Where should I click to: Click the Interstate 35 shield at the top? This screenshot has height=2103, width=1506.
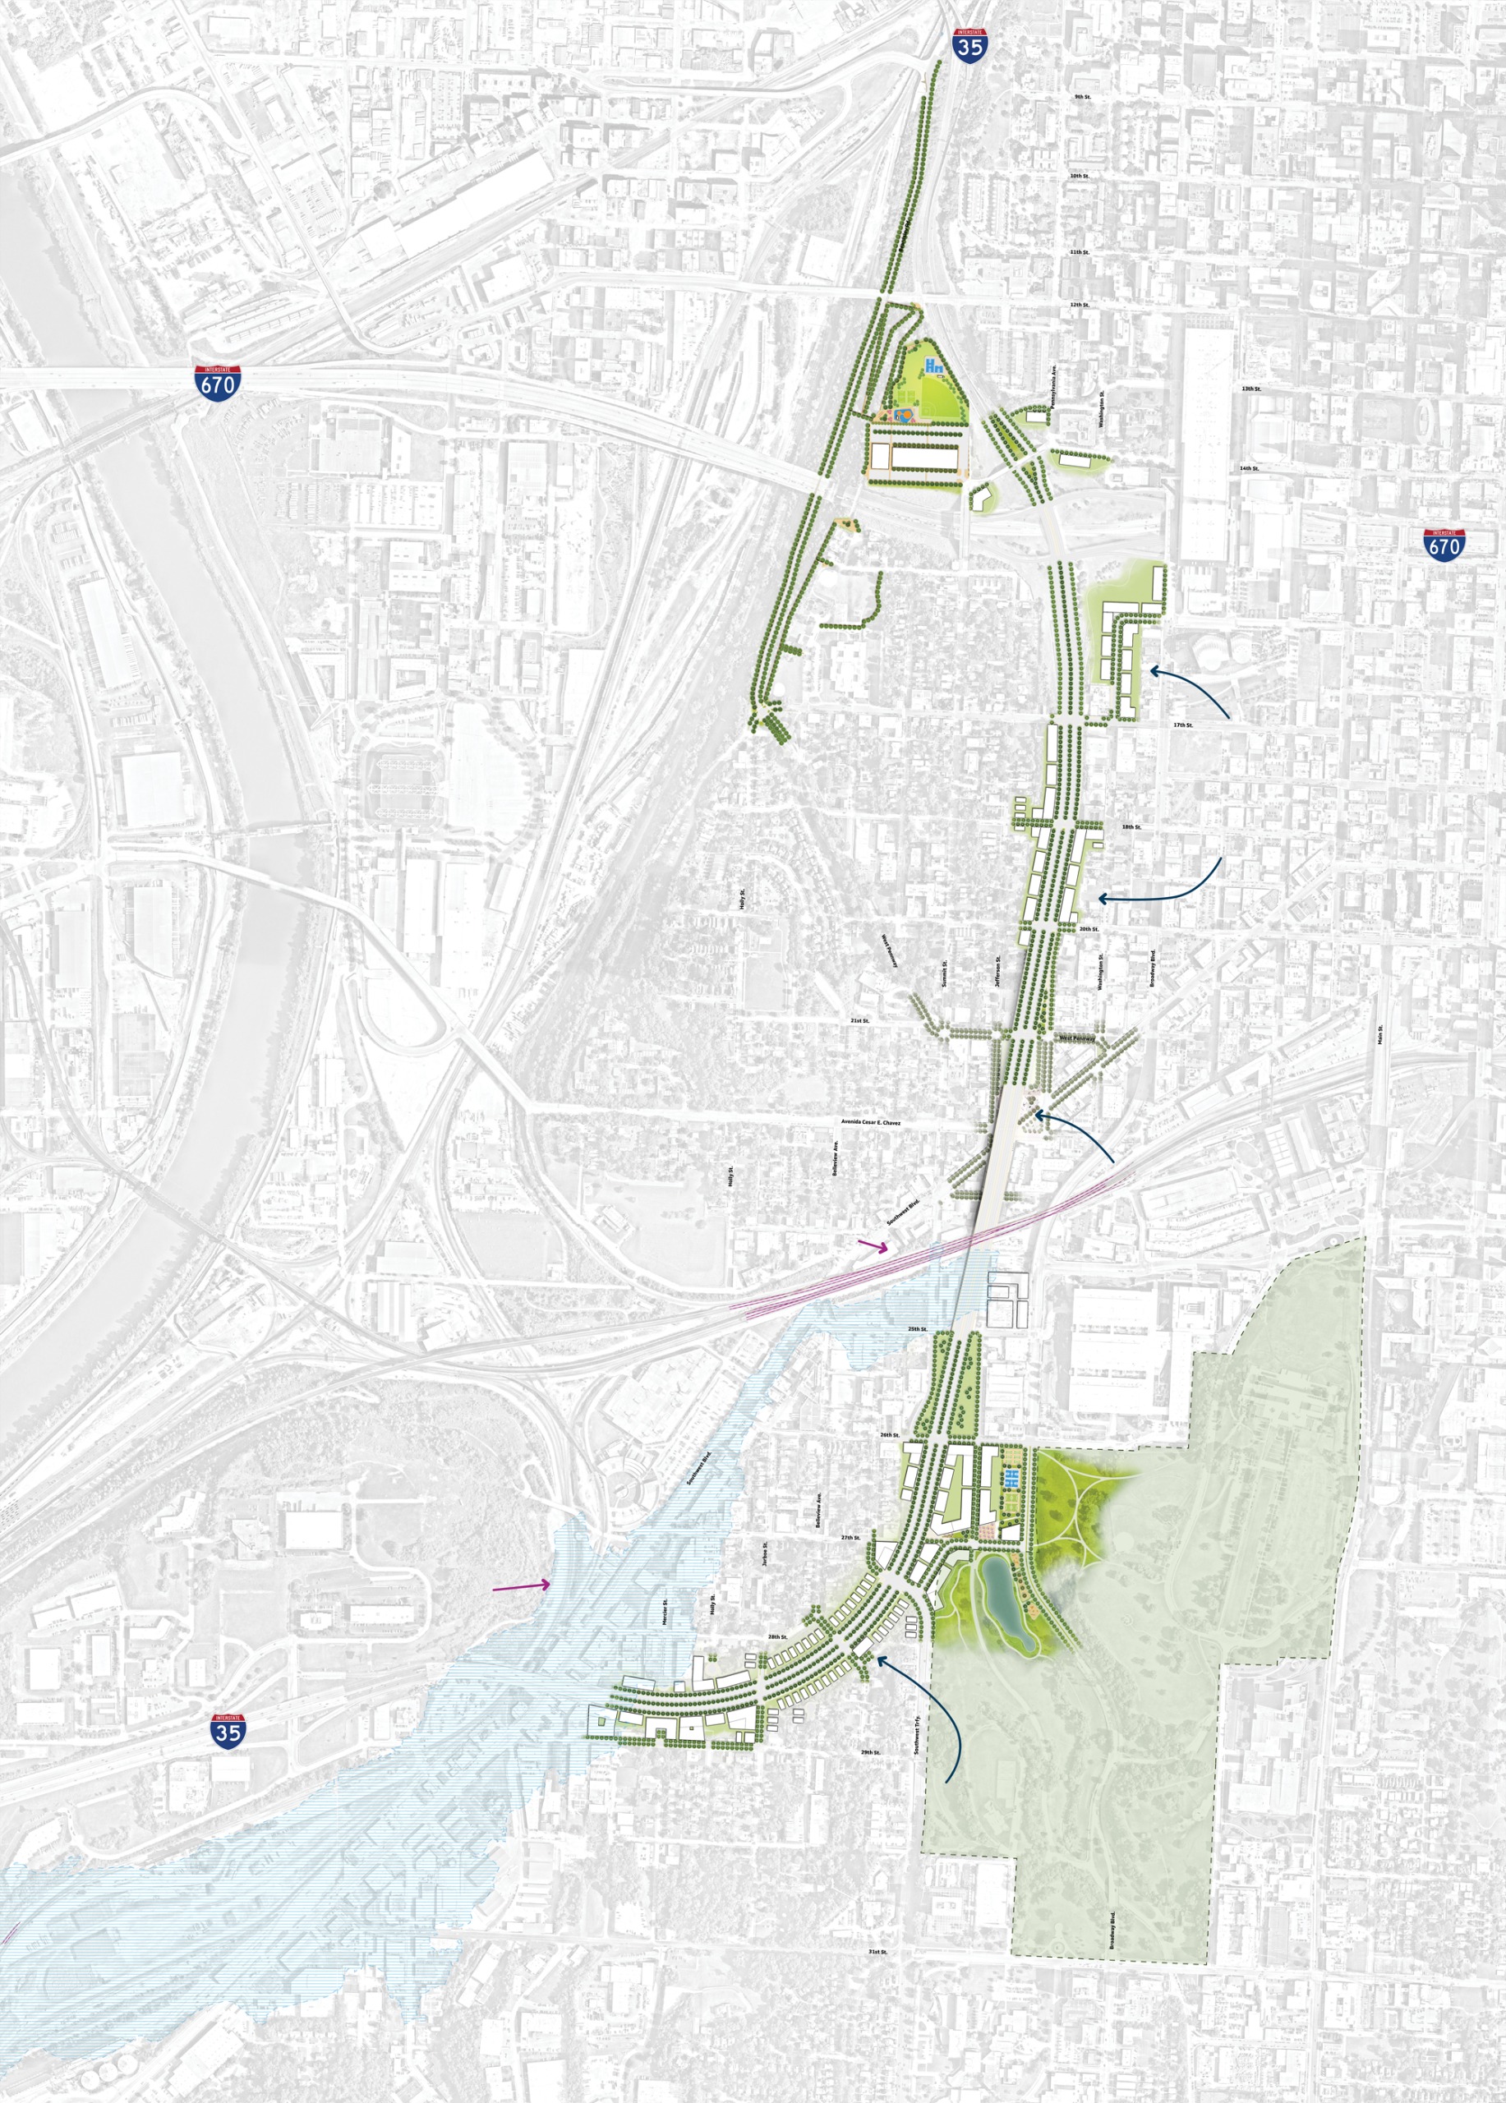(x=969, y=44)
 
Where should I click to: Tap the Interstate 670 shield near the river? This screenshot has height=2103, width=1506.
(x=218, y=381)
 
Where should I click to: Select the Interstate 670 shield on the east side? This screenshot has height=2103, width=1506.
(x=1444, y=545)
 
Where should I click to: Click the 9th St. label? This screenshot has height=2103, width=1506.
(x=1082, y=96)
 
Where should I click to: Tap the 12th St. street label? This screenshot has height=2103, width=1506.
(x=1079, y=304)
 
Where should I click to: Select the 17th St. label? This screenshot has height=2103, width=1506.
(x=1182, y=725)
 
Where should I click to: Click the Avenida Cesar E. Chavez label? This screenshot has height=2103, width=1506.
(x=871, y=1122)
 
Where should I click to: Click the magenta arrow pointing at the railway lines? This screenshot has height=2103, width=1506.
(x=873, y=1247)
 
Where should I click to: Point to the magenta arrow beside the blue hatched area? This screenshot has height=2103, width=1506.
(x=521, y=1586)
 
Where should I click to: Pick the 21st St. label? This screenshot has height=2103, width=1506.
(x=859, y=1020)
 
